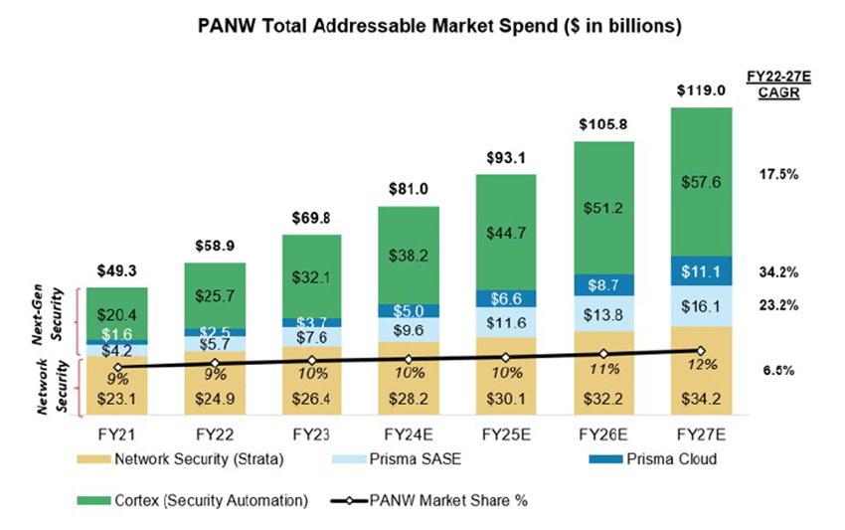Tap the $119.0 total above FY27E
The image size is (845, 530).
[700, 90]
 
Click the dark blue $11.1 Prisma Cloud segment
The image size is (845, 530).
[700, 270]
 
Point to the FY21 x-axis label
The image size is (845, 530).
[117, 434]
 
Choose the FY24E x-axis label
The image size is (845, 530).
[409, 434]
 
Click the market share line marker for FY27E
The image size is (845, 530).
[700, 351]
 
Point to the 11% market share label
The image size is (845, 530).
[603, 368]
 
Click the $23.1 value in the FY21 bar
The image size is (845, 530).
[117, 399]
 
